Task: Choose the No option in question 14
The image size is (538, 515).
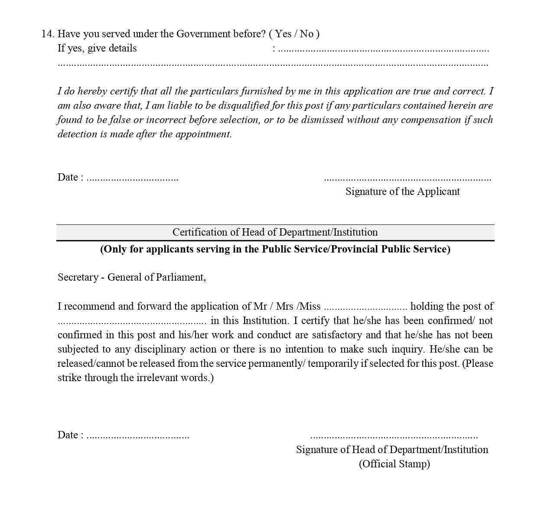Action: coord(306,34)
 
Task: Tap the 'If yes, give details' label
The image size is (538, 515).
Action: coord(97,48)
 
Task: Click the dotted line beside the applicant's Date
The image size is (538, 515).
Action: coord(132,178)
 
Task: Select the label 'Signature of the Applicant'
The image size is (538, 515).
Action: coord(402,191)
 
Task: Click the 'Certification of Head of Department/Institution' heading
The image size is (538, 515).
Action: coord(275,232)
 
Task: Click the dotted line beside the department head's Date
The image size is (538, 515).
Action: coord(137,436)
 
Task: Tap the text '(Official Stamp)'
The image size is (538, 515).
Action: coord(394,464)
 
